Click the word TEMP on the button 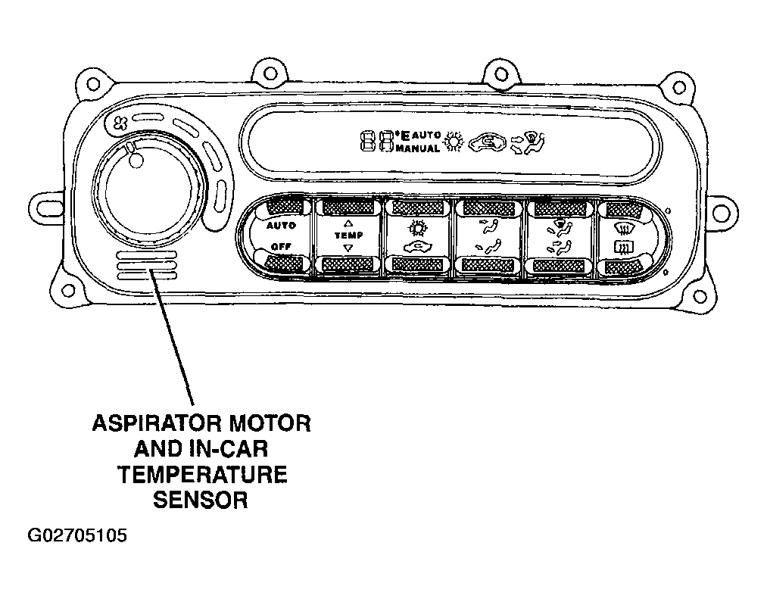click(x=349, y=236)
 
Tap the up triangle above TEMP click(x=348, y=223)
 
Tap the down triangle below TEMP click(x=348, y=248)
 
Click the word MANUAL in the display click(x=417, y=148)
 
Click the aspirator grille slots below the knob click(x=147, y=266)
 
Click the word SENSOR click(x=201, y=500)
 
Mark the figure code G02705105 click(x=77, y=536)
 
